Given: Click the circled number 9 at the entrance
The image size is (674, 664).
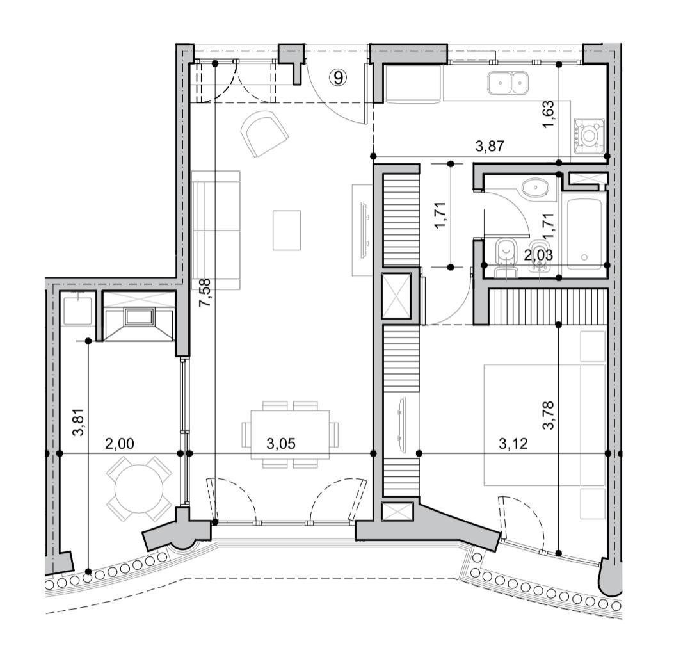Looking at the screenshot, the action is coord(339,78).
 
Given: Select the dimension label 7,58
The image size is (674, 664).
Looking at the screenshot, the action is coord(205,293).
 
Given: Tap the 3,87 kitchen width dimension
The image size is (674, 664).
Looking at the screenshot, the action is coord(490,146).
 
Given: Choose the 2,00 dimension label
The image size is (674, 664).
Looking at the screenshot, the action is coord(120,443).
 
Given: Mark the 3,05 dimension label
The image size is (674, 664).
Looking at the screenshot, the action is coord(281,443).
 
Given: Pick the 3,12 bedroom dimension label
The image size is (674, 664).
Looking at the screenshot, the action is coord(513,443).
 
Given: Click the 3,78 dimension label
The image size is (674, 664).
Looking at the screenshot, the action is coord(549,416).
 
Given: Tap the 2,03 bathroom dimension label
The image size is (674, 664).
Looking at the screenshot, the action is coord(538,255).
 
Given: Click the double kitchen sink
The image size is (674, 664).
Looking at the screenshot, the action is coord(507,83).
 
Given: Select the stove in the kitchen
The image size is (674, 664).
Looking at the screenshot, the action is coord(588,136).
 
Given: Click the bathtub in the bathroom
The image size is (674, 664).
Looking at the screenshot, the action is coord(584,231).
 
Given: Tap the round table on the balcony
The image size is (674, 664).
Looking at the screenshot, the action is coord(139,489).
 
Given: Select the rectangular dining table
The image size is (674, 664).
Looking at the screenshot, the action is coord(290,434).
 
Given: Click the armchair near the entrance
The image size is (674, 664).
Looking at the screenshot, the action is coord(264,133).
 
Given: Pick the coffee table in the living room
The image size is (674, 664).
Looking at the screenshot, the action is coord(287,230).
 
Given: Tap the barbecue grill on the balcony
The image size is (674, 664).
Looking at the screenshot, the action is coord(138,317).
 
